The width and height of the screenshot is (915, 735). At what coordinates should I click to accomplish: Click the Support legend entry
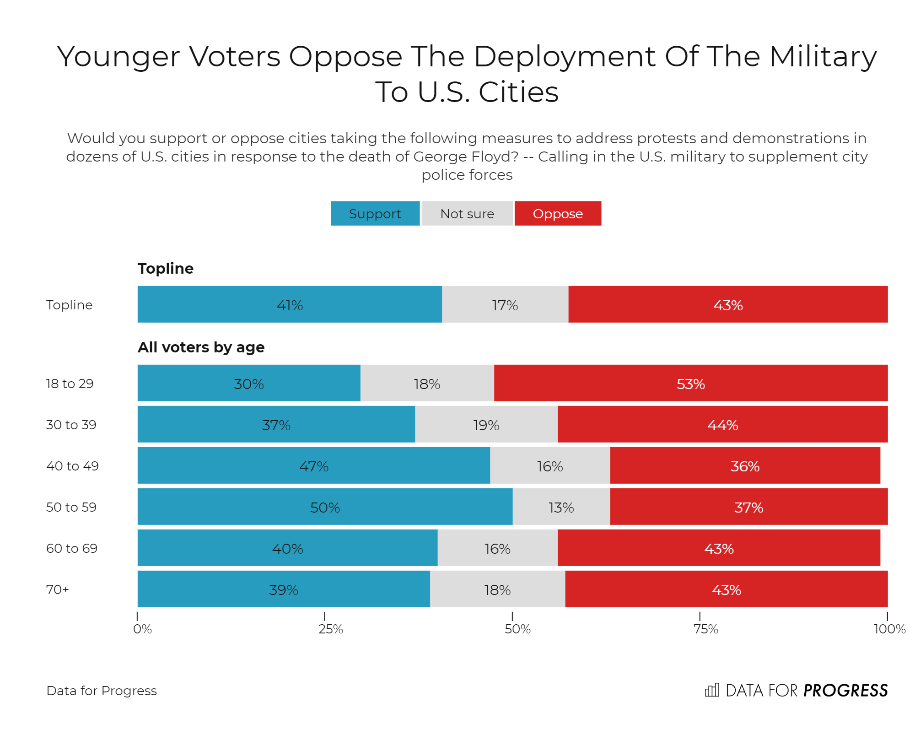pyautogui.click(x=375, y=214)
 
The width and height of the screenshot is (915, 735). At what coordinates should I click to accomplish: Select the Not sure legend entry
pyautogui.click(x=467, y=214)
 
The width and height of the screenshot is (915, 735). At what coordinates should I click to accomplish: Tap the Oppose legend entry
pyautogui.click(x=558, y=214)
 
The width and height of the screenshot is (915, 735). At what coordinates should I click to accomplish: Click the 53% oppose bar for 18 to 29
pyautogui.click(x=690, y=384)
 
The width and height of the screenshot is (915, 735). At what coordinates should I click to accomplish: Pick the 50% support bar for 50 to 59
pyautogui.click(x=325, y=507)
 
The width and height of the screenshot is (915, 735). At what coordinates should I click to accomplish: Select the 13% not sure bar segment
pyautogui.click(x=561, y=507)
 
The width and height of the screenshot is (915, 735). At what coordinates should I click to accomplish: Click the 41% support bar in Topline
pyautogui.click(x=290, y=305)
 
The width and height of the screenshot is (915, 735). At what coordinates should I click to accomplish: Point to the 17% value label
pyautogui.click(x=505, y=305)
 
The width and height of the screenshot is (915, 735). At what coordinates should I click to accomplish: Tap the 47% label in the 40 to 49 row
pyautogui.click(x=314, y=466)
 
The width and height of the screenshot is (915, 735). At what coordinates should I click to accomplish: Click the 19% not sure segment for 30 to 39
pyautogui.click(x=486, y=425)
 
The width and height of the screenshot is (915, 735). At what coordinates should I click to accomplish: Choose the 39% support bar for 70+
pyautogui.click(x=284, y=589)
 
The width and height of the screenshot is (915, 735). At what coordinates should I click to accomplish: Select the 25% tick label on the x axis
pyautogui.click(x=330, y=629)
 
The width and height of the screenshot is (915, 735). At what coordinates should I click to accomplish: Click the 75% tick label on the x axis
pyautogui.click(x=705, y=629)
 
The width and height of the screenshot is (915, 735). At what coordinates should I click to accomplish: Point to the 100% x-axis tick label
pyautogui.click(x=889, y=629)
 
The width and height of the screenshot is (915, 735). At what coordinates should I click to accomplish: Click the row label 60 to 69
pyautogui.click(x=72, y=548)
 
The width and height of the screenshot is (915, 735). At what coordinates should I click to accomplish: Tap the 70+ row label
pyautogui.click(x=58, y=589)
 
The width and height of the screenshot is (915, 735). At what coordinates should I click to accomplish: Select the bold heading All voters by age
pyautogui.click(x=201, y=347)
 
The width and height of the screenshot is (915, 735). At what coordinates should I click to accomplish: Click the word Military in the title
pyautogui.click(x=823, y=57)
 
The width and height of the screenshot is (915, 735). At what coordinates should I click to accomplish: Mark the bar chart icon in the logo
pyautogui.click(x=712, y=690)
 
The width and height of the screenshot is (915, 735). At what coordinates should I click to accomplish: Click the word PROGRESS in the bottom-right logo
pyautogui.click(x=845, y=691)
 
